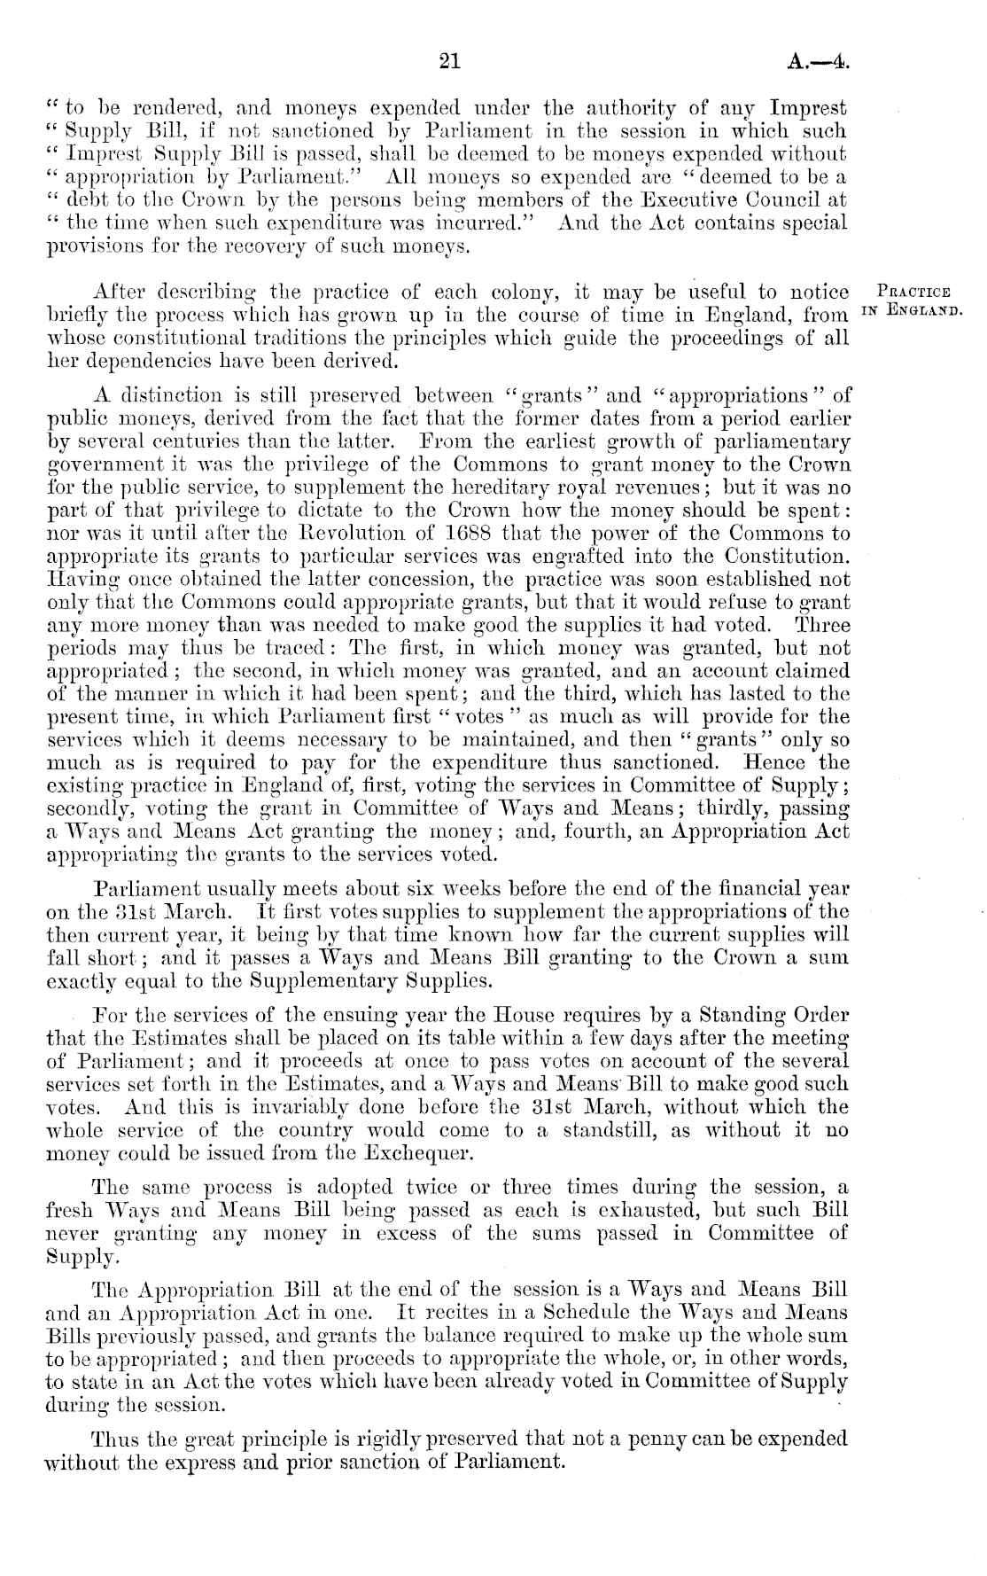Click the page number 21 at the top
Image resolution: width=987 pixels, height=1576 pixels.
(450, 61)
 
